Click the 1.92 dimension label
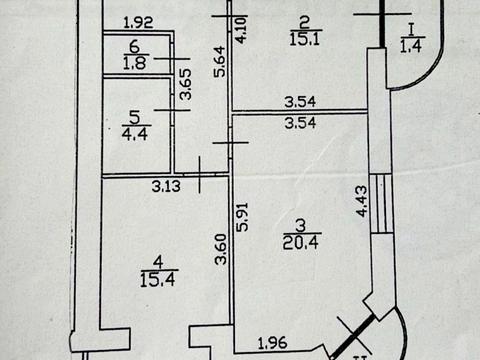pos(138,23)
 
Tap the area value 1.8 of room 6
pos(135,63)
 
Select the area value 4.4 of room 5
pos(135,133)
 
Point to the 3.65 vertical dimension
pos(185,84)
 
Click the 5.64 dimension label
pos(220,62)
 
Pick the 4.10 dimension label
pos(241,29)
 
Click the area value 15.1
pos(305,39)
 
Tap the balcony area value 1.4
pos(411,46)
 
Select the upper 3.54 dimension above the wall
pos(300,102)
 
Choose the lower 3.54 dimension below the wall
pos(300,123)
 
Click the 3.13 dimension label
pos(166,186)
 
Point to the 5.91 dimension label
pos(242,217)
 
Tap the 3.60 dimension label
pos(221,249)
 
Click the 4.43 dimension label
pos(361,201)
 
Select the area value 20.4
pos(301,242)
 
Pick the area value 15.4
pos(158,279)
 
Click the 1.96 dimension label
pos(273,343)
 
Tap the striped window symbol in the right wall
pos(381,203)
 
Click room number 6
pos(134,46)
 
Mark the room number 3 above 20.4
pos(301,225)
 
